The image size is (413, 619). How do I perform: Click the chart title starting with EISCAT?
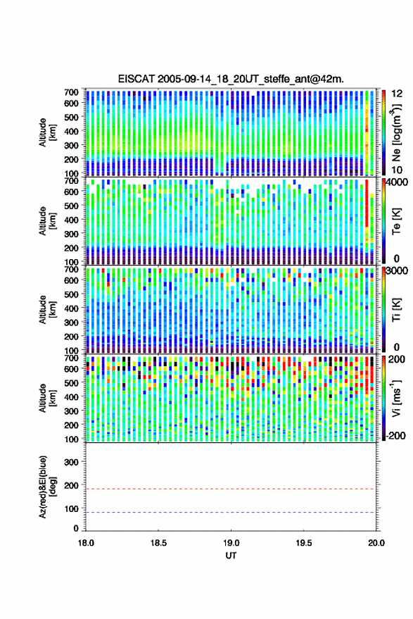pos(231,79)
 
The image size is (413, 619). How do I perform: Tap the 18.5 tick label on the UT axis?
pos(158,543)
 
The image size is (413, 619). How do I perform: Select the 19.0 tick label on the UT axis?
pos(231,543)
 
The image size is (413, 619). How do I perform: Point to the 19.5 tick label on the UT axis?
pos(304,543)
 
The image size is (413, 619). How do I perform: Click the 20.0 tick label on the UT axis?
pos(376,543)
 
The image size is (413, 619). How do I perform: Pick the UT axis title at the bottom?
pos(231,556)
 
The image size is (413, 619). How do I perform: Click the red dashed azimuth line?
pos(231,489)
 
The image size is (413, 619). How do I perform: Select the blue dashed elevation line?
pos(231,513)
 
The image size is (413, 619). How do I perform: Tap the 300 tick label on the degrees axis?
pos(71,462)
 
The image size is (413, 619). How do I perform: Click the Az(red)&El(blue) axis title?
pos(47,487)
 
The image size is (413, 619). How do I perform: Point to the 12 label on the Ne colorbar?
pos(398,94)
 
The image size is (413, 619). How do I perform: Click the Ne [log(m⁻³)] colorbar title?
pos(396,133)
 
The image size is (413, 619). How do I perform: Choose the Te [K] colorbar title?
pos(396,221)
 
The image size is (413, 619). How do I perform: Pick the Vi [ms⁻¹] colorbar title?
pos(396,398)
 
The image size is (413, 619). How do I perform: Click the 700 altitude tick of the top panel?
pos(71,92)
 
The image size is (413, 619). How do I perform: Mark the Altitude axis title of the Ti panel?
pos(47,310)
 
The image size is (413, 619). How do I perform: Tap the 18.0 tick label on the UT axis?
pos(86,543)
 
